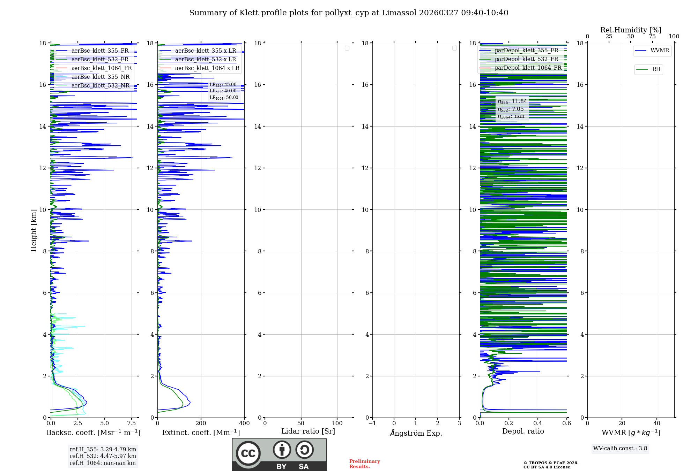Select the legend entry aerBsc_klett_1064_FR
click(x=101, y=68)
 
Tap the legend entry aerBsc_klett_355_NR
click(x=100, y=77)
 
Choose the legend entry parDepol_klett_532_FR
click(x=526, y=59)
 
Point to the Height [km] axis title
click(x=34, y=230)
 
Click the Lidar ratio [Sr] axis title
click(x=308, y=431)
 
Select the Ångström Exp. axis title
click(x=416, y=433)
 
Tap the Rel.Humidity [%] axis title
click(x=631, y=30)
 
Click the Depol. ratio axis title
click(x=523, y=431)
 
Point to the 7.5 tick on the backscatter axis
click(x=132, y=423)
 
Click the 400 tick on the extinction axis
click(x=244, y=423)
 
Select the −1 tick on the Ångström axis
click(x=372, y=423)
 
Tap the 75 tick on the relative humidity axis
click(x=652, y=37)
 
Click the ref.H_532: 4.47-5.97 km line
click(x=103, y=456)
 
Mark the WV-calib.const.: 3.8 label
click(x=620, y=449)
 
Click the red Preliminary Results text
click(x=364, y=464)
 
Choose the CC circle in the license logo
click(x=248, y=453)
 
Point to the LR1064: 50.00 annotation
click(x=224, y=98)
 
